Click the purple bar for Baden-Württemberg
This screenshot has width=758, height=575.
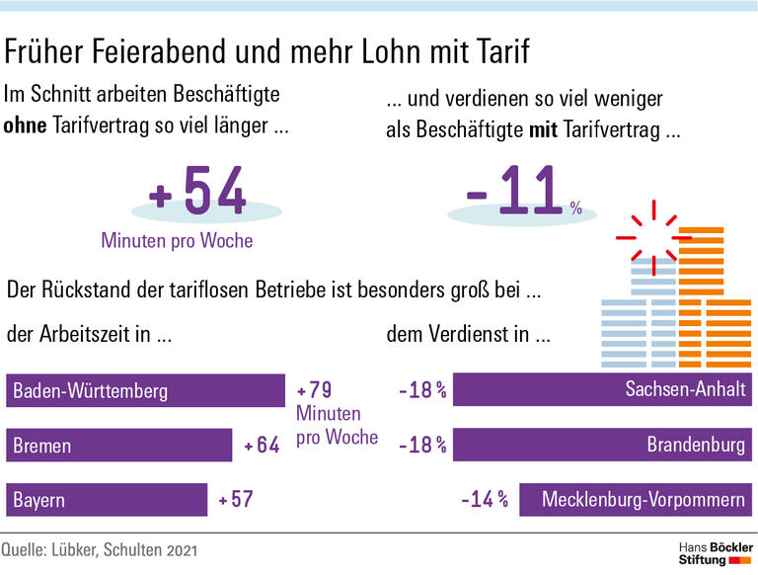(x=145, y=390)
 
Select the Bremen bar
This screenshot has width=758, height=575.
(x=118, y=446)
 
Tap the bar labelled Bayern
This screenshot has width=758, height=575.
(x=107, y=500)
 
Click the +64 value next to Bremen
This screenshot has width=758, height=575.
(x=263, y=446)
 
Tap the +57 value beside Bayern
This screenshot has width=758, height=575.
(x=237, y=500)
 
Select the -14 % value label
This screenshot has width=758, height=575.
(x=484, y=500)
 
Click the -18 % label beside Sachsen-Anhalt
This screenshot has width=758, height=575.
(x=421, y=390)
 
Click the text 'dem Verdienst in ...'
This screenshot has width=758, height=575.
(x=468, y=335)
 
